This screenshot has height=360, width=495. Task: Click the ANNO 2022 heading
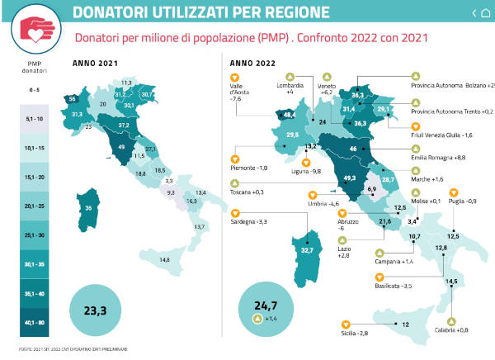251,63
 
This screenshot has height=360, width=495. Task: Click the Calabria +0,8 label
450,330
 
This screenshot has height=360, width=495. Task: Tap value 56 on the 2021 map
73,99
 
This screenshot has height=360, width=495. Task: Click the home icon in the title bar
484,12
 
